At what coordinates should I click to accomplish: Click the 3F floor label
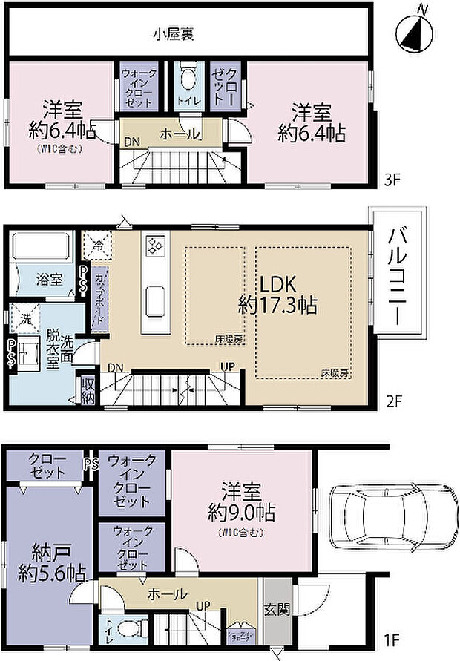click(392, 178)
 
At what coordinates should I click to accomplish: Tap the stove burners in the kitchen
click(157, 245)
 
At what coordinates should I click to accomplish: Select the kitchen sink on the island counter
click(156, 300)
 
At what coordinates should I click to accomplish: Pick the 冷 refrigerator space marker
click(97, 243)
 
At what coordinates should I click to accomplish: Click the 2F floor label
click(392, 401)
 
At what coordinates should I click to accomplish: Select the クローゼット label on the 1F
click(47, 465)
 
